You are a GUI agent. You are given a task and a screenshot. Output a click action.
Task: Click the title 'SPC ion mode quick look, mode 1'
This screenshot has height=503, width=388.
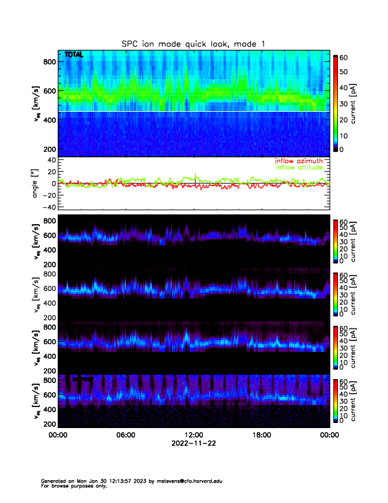pyautogui.click(x=194, y=43)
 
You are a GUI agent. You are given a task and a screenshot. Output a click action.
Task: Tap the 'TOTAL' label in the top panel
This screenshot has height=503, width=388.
pyautogui.click(x=74, y=55)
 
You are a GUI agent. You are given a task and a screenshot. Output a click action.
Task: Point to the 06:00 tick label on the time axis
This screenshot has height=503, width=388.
pyautogui.click(x=126, y=435)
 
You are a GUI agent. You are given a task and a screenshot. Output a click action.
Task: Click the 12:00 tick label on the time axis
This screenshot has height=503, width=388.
pyautogui.click(x=193, y=435)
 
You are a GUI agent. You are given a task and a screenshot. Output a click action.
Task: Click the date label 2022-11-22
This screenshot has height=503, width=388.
pyautogui.click(x=193, y=443)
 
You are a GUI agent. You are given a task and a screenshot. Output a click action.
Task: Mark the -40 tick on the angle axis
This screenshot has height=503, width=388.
pyautogui.click(x=47, y=207)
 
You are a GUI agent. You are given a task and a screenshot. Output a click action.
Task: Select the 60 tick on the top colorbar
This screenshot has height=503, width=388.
pyautogui.click(x=345, y=57)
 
